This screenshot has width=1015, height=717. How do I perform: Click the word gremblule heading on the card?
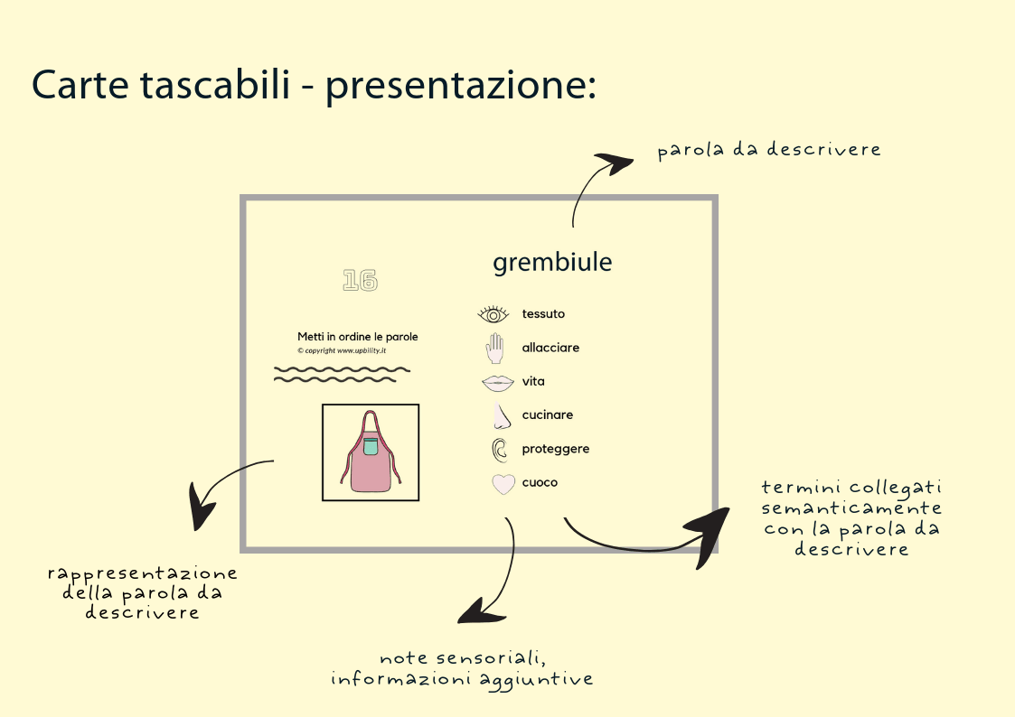(x=552, y=263)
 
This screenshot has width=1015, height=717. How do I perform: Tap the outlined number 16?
(x=360, y=281)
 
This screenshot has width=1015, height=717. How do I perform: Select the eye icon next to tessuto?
(x=493, y=314)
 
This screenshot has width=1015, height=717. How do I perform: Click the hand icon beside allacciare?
(x=494, y=348)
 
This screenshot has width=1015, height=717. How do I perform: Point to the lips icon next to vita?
(x=497, y=382)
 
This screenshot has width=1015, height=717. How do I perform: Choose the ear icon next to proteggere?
(x=499, y=449)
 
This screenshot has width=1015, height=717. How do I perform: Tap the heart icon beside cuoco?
(x=503, y=483)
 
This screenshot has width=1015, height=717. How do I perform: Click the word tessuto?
(x=543, y=314)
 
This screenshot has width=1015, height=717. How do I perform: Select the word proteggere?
(x=555, y=449)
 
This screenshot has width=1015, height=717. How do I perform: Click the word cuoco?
(x=540, y=482)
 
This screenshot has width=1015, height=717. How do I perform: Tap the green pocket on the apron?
(x=371, y=445)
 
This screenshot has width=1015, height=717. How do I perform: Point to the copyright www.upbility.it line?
(x=342, y=350)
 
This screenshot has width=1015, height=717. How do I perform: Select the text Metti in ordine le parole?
(x=357, y=337)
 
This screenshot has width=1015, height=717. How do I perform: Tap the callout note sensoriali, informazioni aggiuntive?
(x=462, y=668)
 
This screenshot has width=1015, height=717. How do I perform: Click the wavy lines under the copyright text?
(x=342, y=374)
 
